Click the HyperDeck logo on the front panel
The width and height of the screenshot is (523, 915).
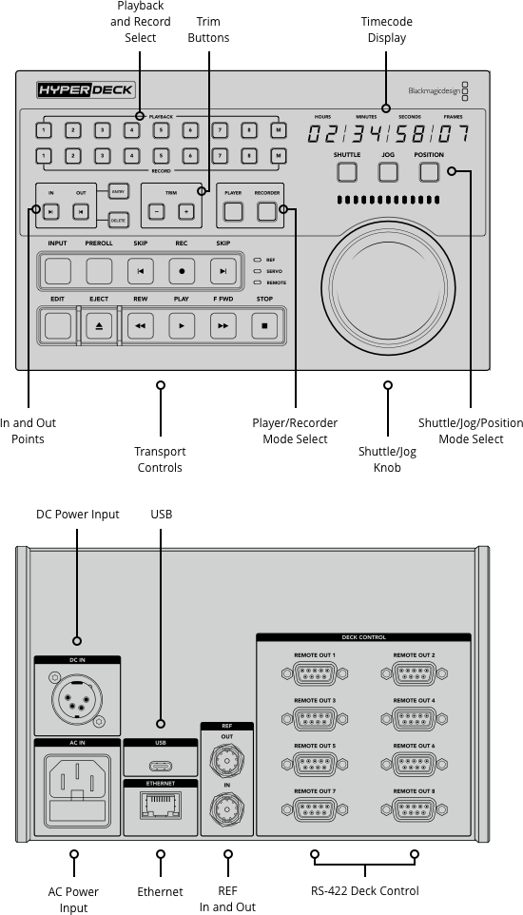pos(86,90)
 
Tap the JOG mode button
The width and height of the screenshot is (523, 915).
pos(387,172)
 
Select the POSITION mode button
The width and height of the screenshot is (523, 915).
pos(429,172)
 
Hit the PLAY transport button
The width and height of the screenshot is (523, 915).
pos(181,325)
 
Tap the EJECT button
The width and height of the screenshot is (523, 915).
pos(99,325)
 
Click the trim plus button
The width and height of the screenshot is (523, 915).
pos(186,211)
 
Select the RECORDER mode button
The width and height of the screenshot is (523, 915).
pos(266,211)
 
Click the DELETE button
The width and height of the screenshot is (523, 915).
pos(118,221)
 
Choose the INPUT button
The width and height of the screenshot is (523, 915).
pos(58,272)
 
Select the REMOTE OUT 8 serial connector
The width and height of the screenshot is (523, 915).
pos(414,809)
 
